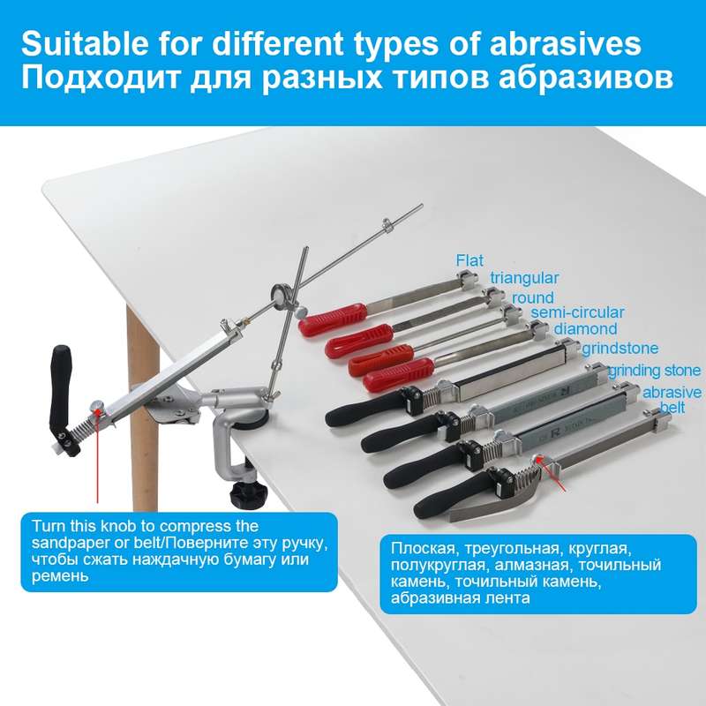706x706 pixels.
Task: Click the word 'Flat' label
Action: click(469, 260)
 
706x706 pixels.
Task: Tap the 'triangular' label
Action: click(524, 278)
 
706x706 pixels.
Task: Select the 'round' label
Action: click(533, 297)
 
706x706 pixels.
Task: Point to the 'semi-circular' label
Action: click(577, 312)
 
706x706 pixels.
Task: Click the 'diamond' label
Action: click(585, 329)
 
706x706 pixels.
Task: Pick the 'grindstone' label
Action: click(620, 349)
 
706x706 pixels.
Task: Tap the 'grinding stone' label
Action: click(654, 371)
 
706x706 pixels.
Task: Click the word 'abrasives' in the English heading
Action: click(565, 43)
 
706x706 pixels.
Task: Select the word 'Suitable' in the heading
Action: click(85, 43)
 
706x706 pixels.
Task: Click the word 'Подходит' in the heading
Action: click(101, 78)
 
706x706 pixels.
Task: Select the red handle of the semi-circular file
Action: click(399, 374)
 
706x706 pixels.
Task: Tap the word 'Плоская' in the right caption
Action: click(424, 548)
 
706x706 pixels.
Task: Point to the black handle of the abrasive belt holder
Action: click(452, 494)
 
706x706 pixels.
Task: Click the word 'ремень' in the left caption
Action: click(59, 577)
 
